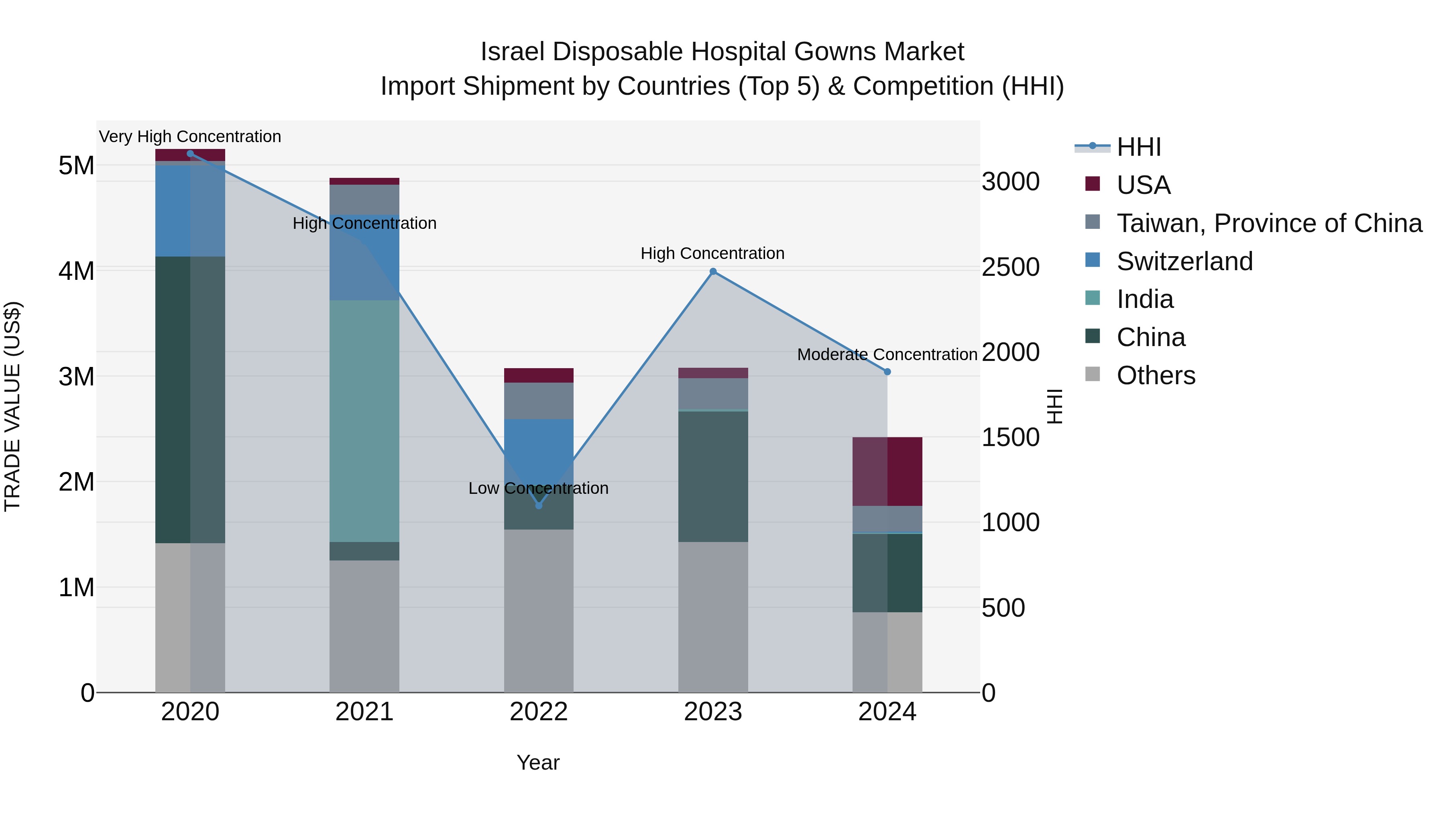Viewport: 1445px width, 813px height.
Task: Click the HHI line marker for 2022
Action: click(539, 505)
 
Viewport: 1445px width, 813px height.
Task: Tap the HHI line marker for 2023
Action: click(713, 271)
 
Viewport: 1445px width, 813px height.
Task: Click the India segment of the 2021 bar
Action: click(364, 421)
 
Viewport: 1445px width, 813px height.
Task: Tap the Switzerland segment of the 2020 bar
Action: click(190, 211)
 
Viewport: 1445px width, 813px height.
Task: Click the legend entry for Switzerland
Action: click(1184, 261)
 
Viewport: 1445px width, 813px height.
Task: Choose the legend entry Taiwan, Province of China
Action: click(1269, 223)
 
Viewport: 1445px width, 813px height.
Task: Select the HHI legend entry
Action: click(1139, 147)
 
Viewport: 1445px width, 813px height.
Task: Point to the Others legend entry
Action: click(1156, 375)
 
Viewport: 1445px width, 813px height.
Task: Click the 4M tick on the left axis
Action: click(76, 271)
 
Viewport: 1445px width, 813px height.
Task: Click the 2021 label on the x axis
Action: click(364, 712)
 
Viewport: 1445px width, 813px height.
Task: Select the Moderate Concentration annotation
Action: click(887, 355)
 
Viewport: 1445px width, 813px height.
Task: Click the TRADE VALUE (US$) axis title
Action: click(12, 406)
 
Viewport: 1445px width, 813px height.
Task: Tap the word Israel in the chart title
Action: click(512, 52)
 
